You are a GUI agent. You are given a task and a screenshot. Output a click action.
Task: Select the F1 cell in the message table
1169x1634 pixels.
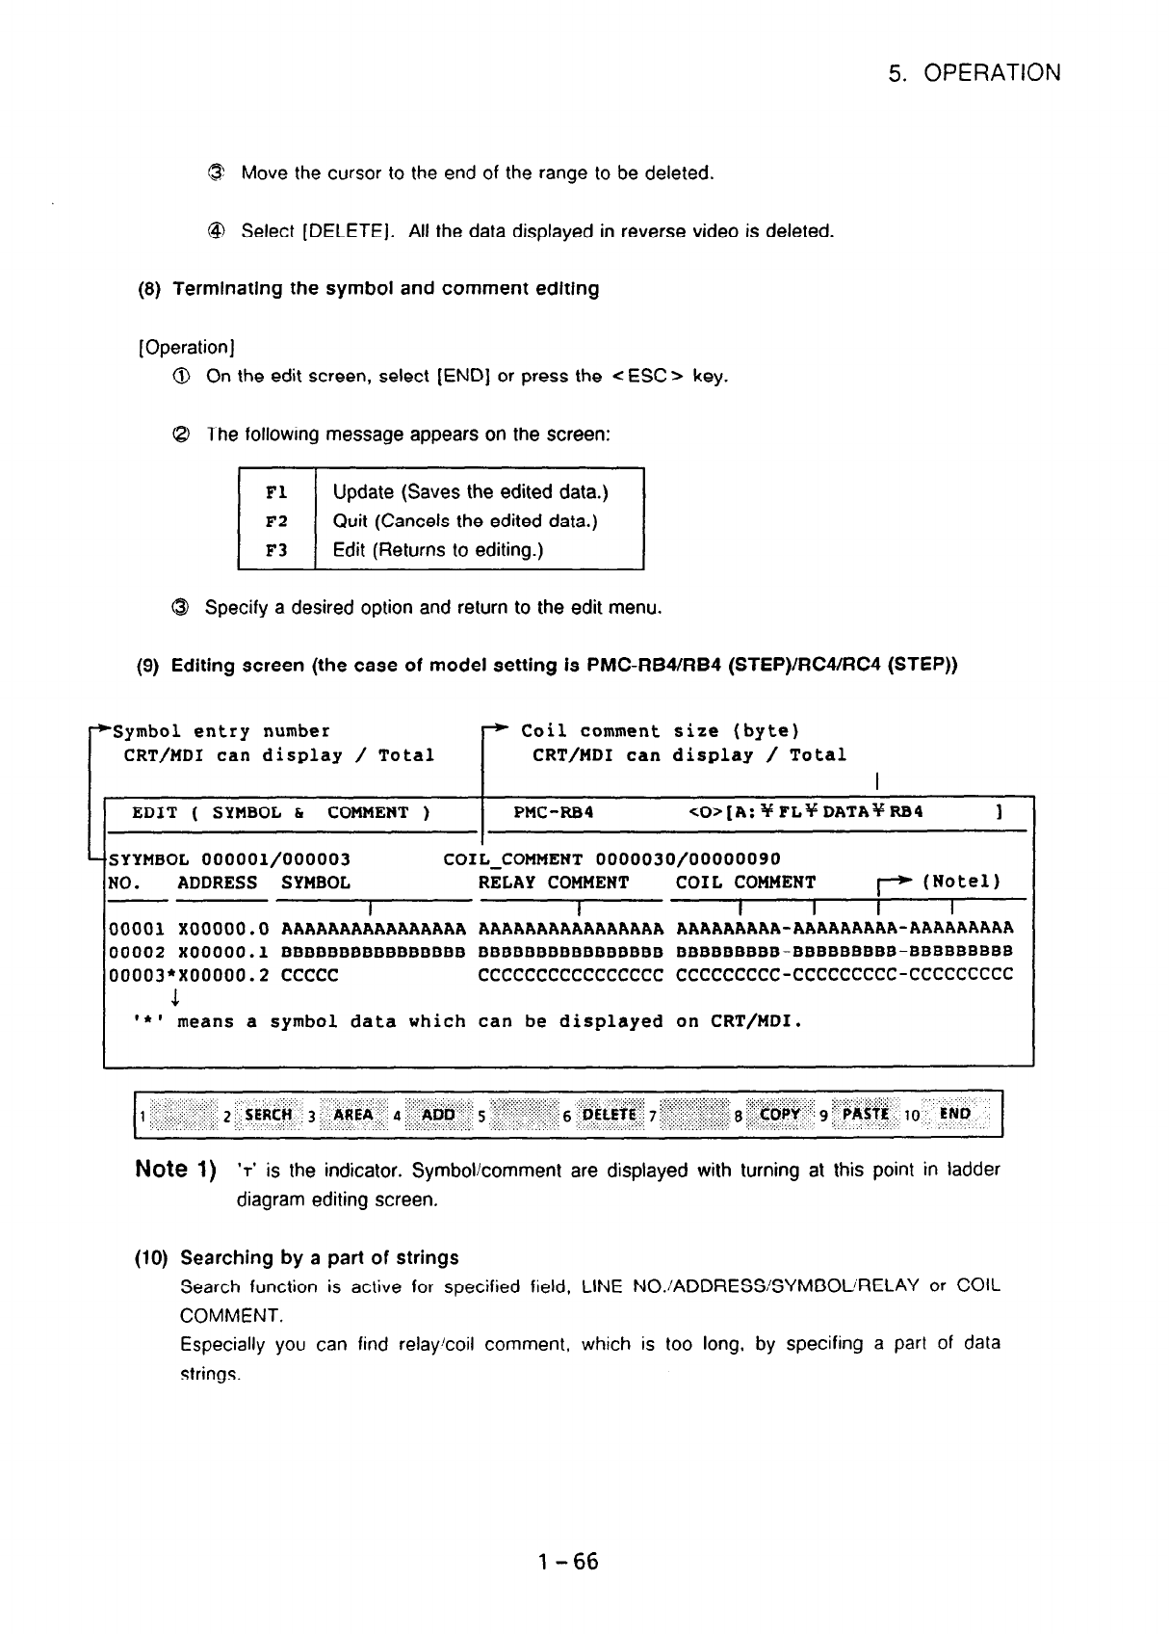coord(276,492)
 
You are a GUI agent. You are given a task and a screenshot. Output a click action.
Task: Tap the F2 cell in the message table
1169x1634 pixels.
coord(276,521)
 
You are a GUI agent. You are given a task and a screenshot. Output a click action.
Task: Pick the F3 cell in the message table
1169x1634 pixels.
coord(276,550)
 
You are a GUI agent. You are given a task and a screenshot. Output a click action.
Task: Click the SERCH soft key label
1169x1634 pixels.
coord(268,1115)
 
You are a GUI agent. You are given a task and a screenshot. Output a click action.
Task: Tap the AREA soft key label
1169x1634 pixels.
coord(352,1115)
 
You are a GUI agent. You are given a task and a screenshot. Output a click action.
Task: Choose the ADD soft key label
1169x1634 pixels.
coord(438,1115)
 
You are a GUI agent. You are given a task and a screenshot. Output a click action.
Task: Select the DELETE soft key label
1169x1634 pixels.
coord(610,1115)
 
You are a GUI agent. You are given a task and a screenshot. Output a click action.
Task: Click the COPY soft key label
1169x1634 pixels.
coord(780,1115)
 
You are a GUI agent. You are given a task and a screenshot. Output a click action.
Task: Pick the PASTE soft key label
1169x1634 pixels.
coord(865,1115)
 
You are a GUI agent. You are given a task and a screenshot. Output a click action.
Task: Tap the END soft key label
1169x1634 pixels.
coord(954,1115)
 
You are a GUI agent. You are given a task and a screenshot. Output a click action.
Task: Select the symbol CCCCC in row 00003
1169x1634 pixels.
coord(309,974)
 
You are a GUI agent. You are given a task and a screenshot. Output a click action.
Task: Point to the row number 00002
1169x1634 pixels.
coord(136,951)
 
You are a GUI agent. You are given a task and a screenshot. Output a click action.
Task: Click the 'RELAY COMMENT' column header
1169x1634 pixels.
coord(553,883)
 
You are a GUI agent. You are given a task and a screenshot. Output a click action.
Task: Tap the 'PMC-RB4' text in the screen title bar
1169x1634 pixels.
coord(553,812)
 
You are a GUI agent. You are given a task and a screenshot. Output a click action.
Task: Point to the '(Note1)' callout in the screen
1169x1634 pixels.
coord(961,882)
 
